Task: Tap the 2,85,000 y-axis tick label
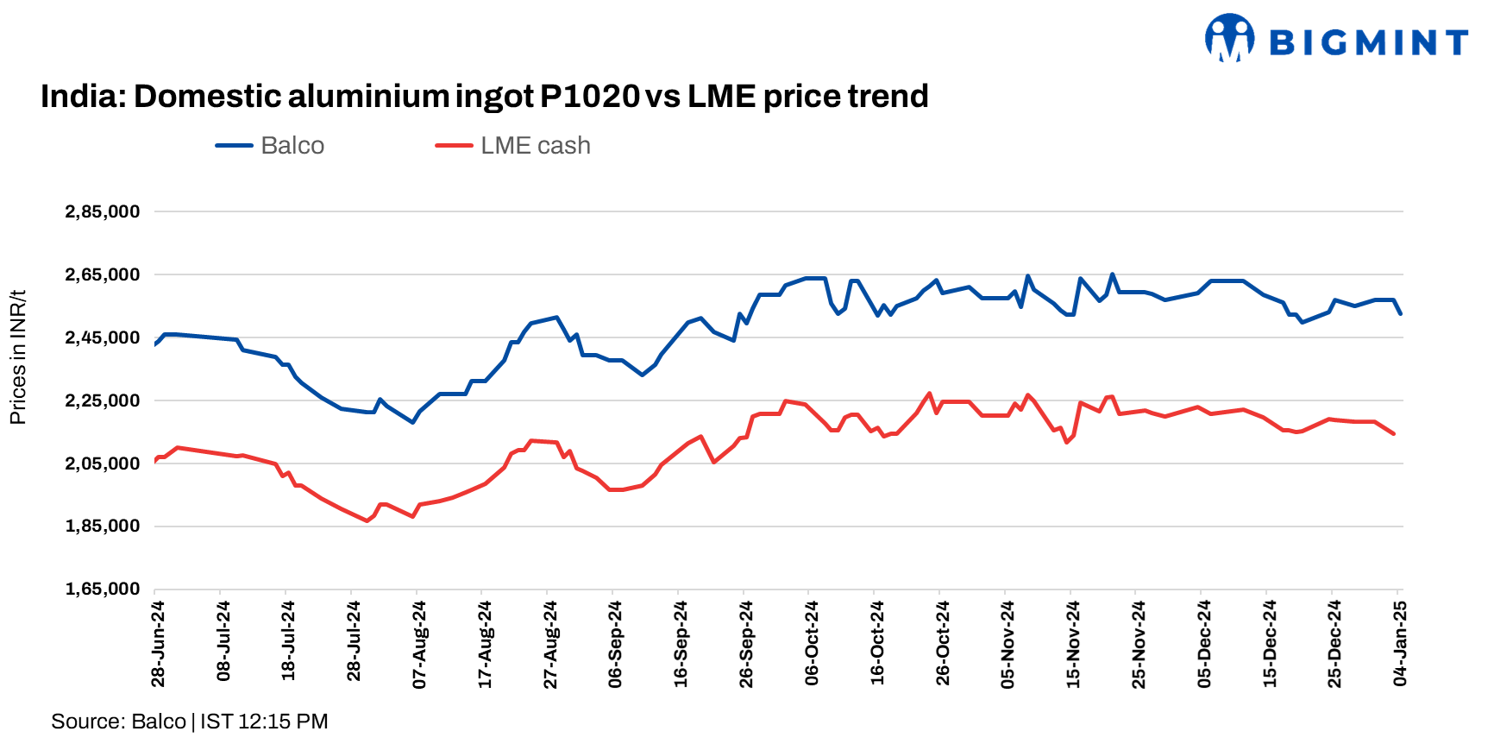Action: point(102,211)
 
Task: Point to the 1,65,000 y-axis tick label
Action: point(102,589)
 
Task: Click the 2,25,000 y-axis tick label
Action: point(102,400)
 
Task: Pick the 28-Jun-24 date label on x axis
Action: point(158,644)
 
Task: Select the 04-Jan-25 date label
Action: point(1400,644)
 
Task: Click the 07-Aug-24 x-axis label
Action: point(419,644)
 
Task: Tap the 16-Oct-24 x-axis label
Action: point(877,644)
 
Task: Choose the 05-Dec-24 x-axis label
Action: point(1204,644)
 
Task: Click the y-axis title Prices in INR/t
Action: point(17,356)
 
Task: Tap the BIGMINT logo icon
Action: point(1229,38)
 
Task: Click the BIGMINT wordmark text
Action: point(1368,42)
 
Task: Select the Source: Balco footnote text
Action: point(118,722)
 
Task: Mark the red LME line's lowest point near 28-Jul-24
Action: point(367,520)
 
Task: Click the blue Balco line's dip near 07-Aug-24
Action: point(412,422)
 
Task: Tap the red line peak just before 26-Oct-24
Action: point(929,394)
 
